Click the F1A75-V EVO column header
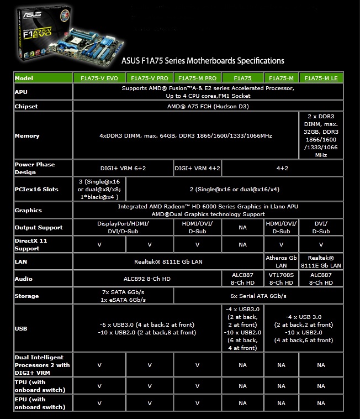point(100,78)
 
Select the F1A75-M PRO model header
point(197,78)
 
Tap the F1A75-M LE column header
point(321,78)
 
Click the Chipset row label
point(26,106)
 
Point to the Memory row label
point(27,136)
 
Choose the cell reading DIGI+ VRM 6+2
point(123,167)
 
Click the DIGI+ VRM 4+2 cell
point(197,167)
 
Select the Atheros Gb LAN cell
point(282,261)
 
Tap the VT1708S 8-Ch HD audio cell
point(282,279)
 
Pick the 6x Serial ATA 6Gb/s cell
point(258,296)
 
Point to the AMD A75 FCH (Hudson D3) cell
point(208,106)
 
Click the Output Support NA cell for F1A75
point(243,227)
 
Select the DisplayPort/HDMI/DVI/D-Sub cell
point(123,227)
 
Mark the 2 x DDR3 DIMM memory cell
point(321,136)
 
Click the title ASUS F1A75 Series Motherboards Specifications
point(202,61)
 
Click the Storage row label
point(27,296)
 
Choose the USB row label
point(22,328)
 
